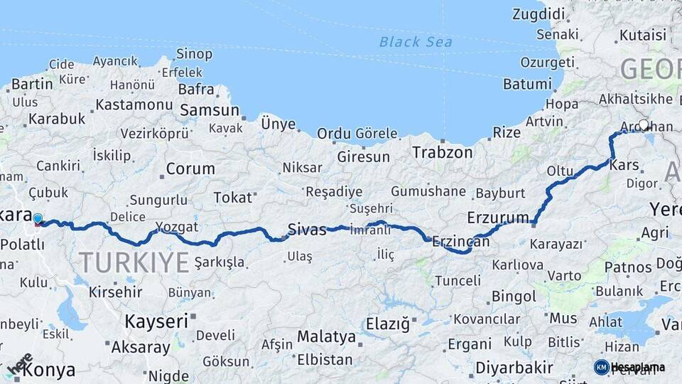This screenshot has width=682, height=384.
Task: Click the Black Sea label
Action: [416, 42]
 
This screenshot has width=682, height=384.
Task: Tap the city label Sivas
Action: [307, 229]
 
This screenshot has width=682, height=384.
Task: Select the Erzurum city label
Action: [498, 217]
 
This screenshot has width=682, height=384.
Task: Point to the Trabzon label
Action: [443, 152]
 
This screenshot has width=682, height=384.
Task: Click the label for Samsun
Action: [210, 110]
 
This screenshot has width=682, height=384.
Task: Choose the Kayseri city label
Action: [156, 321]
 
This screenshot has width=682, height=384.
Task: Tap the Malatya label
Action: [326, 336]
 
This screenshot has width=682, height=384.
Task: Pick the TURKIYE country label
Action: [134, 262]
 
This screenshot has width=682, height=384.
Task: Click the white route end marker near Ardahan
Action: [644, 125]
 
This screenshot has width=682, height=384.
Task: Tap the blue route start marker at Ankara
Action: [38, 220]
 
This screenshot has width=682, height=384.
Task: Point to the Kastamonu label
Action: [134, 105]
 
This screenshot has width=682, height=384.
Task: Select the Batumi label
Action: [527, 84]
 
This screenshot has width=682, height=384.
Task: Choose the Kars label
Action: [624, 166]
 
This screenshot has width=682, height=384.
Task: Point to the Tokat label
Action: [232, 197]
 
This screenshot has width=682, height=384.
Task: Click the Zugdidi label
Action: [538, 14]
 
